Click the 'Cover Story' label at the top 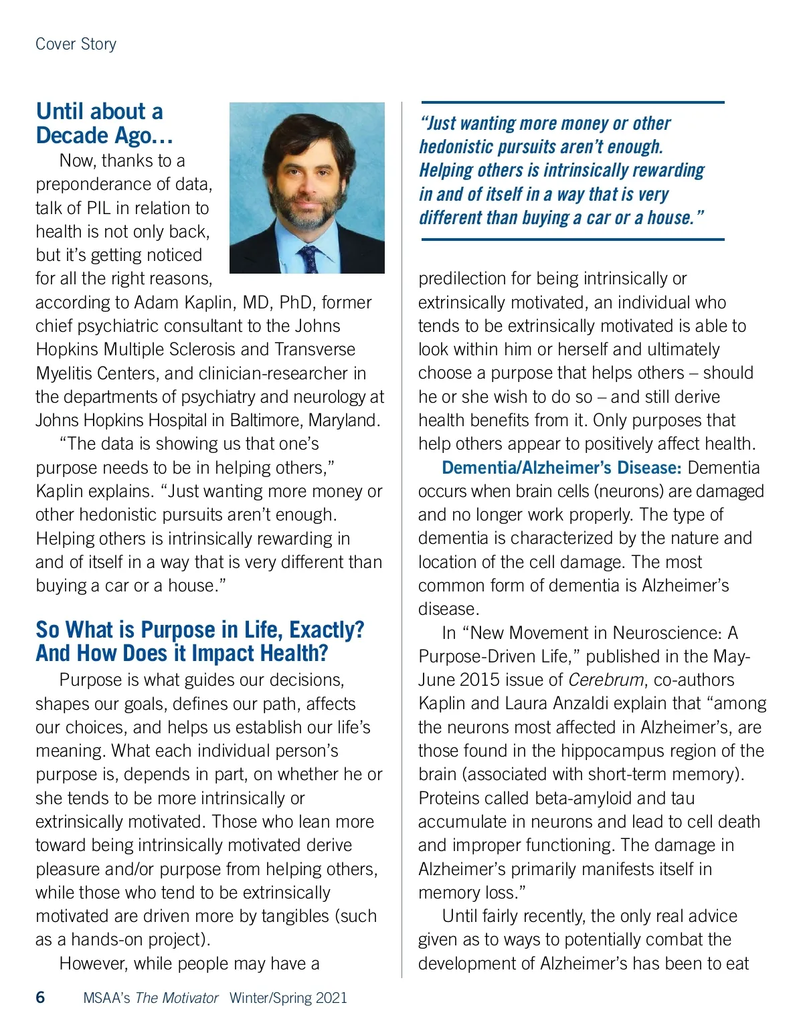click(x=76, y=44)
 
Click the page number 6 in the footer click(x=40, y=998)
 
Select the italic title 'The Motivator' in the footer click(x=177, y=998)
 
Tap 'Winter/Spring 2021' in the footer click(x=288, y=998)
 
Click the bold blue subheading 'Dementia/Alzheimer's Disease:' click(x=561, y=468)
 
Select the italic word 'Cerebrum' click(x=606, y=680)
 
